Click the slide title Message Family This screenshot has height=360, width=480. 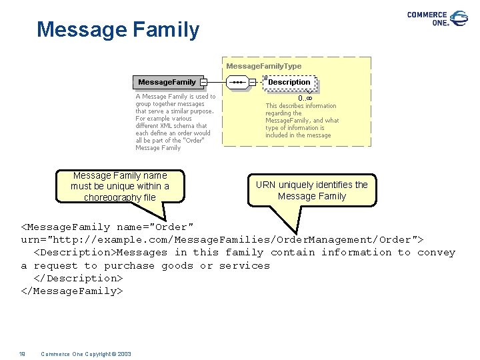click(x=118, y=29)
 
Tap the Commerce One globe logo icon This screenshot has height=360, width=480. click(x=459, y=18)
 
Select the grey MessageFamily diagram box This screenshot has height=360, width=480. click(x=167, y=82)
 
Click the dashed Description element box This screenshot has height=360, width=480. click(x=289, y=82)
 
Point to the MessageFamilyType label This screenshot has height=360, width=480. click(x=263, y=66)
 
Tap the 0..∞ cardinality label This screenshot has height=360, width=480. click(x=306, y=98)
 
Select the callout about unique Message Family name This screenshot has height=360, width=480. click(x=120, y=186)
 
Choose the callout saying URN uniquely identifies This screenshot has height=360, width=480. click(x=312, y=190)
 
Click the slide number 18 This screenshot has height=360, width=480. click(x=22, y=354)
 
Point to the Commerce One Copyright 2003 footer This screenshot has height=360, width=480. click(x=86, y=354)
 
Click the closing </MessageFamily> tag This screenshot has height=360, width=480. click(x=72, y=291)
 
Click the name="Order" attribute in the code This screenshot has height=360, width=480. click(x=155, y=227)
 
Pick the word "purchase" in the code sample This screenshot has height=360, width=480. click(x=129, y=265)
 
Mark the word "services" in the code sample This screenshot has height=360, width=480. click(x=244, y=265)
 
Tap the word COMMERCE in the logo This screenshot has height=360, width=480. click(x=427, y=15)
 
